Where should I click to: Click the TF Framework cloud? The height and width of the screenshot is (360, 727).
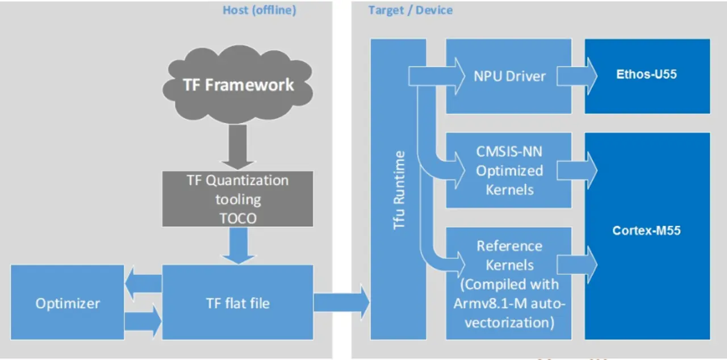(238, 85)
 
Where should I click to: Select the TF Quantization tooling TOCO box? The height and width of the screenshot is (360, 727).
(238, 199)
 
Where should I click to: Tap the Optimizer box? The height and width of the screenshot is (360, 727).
(68, 303)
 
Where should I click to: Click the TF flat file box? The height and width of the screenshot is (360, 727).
(238, 303)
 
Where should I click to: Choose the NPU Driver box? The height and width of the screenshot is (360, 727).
(508, 76)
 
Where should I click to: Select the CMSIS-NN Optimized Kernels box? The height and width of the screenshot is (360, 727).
(508, 170)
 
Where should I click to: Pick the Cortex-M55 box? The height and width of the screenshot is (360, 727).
(647, 231)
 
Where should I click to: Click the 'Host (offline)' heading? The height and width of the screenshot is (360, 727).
(259, 10)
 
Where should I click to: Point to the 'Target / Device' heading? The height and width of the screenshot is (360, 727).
(410, 10)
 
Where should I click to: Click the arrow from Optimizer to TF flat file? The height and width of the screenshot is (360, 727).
(143, 322)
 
